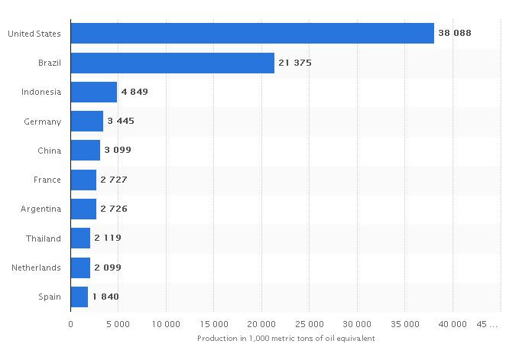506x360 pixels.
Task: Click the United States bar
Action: (252, 34)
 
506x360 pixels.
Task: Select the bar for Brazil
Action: (172, 63)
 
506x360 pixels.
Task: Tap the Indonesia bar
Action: (93, 92)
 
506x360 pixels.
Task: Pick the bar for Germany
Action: (86, 122)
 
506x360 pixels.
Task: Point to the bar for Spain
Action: (79, 297)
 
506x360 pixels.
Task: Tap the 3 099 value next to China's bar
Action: (118, 151)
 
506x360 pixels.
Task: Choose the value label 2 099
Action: (108, 268)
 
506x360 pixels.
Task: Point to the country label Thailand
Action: (44, 238)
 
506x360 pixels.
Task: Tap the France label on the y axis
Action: (48, 180)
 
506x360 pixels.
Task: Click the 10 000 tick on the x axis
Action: (166, 324)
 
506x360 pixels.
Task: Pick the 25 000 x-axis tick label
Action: (310, 324)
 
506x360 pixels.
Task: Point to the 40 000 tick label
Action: (452, 324)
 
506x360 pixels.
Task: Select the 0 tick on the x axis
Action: (70, 324)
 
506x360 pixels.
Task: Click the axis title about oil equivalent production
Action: (286, 338)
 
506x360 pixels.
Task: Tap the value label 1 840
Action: (105, 297)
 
